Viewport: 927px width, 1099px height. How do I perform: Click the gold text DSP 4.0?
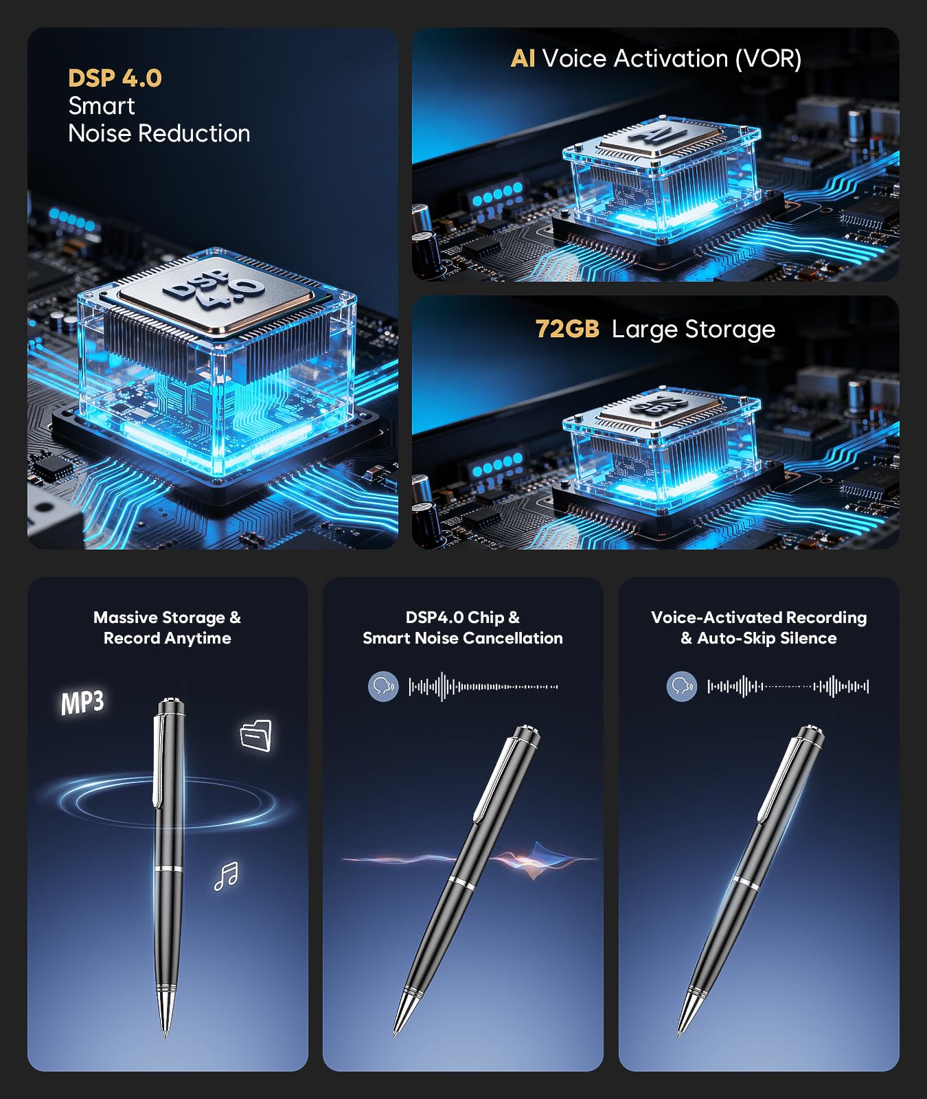tap(115, 78)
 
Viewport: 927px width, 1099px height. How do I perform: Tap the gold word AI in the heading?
tap(523, 58)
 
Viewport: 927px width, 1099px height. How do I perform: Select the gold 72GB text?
tap(567, 329)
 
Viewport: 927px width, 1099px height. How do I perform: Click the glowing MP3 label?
tap(82, 703)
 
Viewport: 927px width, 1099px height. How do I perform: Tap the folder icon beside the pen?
tap(256, 736)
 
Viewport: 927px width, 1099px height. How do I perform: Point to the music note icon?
tap(226, 876)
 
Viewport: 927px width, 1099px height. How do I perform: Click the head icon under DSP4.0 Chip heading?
tap(383, 686)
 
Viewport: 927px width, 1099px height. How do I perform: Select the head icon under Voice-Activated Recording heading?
tap(681, 686)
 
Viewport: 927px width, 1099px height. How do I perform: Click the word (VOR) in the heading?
tap(768, 59)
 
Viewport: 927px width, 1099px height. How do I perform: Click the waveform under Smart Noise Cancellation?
tap(483, 686)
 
